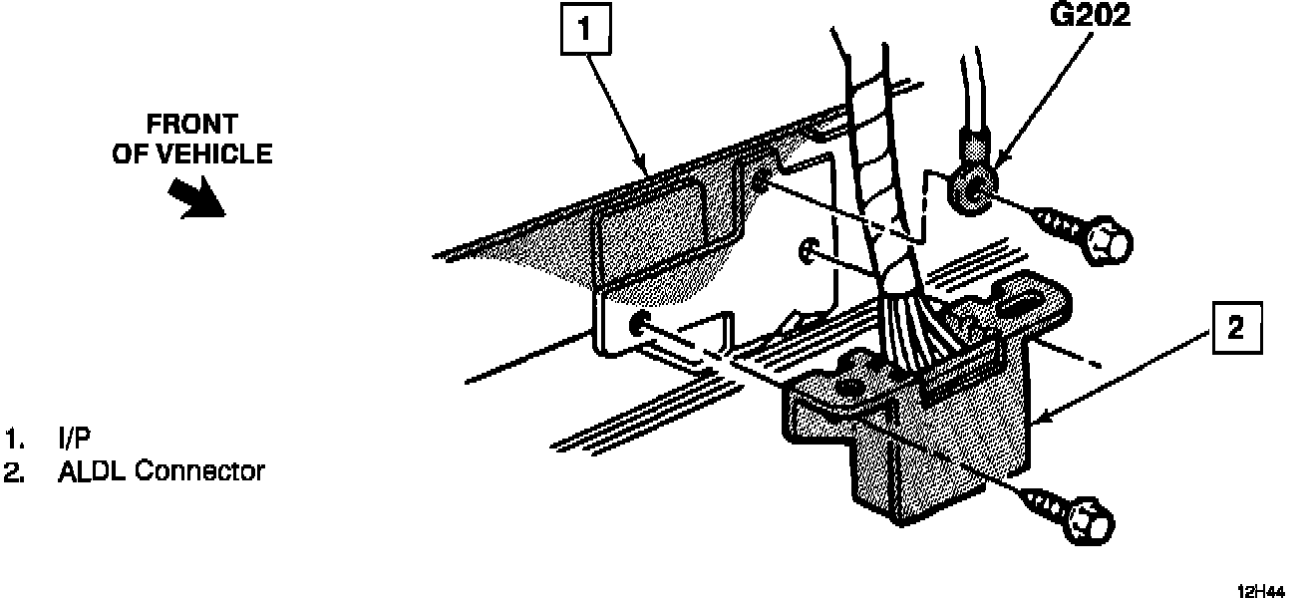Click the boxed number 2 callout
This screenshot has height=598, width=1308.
[x=1236, y=330]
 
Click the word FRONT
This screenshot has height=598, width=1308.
[x=192, y=125]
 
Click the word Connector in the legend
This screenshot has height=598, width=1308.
[x=199, y=470]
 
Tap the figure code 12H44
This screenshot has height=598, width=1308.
[x=1260, y=589]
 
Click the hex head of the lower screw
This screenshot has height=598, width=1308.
[x=1089, y=522]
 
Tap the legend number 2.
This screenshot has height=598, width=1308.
[x=13, y=470]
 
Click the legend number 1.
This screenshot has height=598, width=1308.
[x=13, y=440]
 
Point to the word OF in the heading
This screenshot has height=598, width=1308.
[x=130, y=153]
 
